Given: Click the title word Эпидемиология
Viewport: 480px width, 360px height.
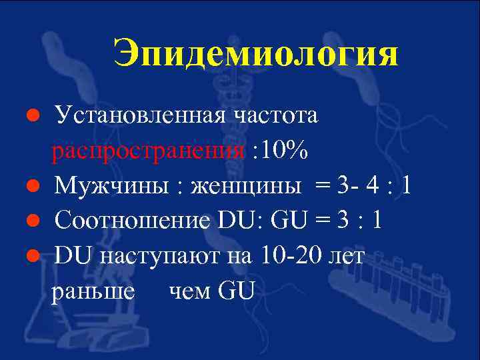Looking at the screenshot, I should (x=255, y=54).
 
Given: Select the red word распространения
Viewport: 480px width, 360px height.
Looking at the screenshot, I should (x=148, y=150).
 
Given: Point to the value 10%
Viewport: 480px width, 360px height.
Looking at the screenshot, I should (x=285, y=150).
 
